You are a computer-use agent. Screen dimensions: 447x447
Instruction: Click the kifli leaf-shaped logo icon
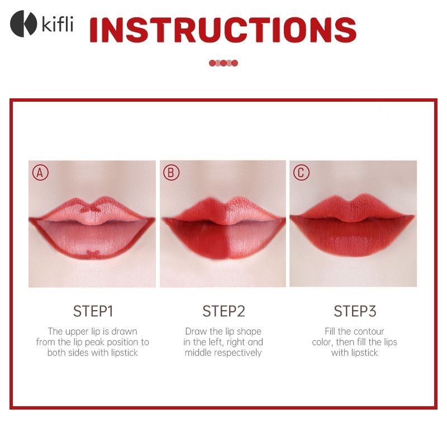click(x=23, y=23)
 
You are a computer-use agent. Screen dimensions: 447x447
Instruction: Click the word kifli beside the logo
click(x=58, y=23)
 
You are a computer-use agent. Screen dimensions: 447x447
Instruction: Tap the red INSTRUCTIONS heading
click(x=223, y=30)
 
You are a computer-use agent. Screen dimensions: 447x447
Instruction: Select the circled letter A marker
click(x=40, y=173)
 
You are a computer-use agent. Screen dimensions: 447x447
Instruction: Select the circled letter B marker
click(x=171, y=173)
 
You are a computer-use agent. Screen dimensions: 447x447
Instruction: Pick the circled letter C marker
click(x=301, y=173)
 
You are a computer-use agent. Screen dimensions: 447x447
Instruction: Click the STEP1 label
click(x=93, y=311)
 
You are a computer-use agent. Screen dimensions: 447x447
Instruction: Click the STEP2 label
click(x=224, y=311)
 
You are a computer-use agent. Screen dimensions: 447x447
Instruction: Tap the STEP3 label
click(x=355, y=311)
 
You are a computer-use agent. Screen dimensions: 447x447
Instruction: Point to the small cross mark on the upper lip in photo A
click(x=91, y=209)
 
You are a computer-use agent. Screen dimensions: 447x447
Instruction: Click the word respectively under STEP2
click(x=238, y=353)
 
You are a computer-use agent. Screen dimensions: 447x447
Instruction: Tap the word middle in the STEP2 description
click(x=198, y=353)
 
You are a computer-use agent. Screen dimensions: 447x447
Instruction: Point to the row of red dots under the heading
click(x=223, y=63)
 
